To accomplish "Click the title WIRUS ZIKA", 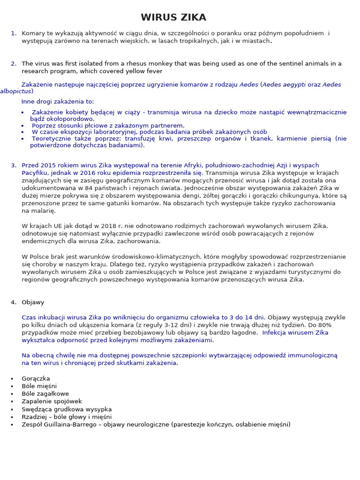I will coord(173,17).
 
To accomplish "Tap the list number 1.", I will coord(13,33).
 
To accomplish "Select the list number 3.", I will coord(13,165).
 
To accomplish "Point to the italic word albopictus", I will coord(15,92).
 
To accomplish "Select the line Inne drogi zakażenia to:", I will coord(58,101).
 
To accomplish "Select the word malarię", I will coord(35,211).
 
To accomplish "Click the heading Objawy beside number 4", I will coord(33,302).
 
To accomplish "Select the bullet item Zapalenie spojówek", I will coord(52,401).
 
